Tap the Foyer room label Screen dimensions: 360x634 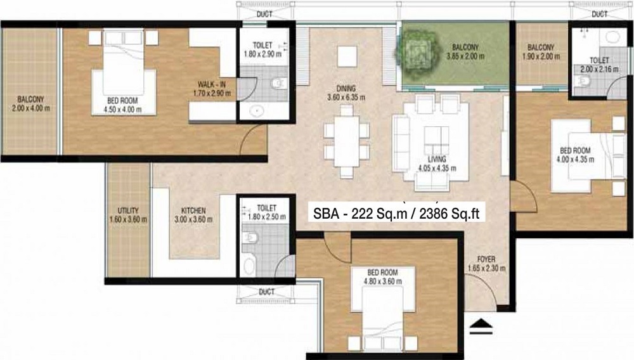tap(486, 259)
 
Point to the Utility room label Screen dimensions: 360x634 tap(128, 210)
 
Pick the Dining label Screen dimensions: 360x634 tap(346, 89)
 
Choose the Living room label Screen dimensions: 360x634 tap(437, 159)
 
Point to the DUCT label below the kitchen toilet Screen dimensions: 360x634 tap(266, 293)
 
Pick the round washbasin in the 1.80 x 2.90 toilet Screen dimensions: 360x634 tap(256, 110)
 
